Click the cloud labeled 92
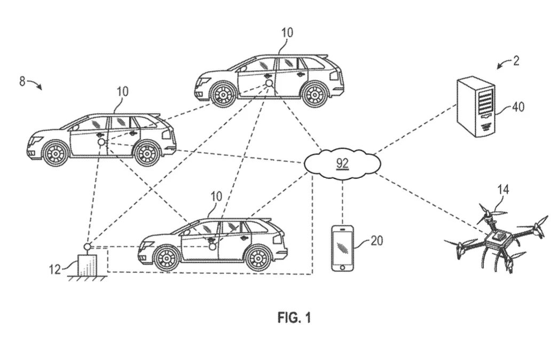pyautogui.click(x=342, y=163)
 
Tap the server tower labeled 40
pyautogui.click(x=476, y=107)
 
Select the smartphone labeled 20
pyautogui.click(x=342, y=248)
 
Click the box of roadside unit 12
pyautogui.click(x=88, y=264)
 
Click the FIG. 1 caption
pyautogui.click(x=294, y=318)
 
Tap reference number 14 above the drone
pyautogui.click(x=503, y=190)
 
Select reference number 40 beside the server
pyautogui.click(x=518, y=106)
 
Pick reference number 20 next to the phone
pyautogui.click(x=376, y=241)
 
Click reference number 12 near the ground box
pyautogui.click(x=55, y=270)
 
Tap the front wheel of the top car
pyautogui.click(x=223, y=94)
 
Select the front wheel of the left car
pyautogui.click(x=55, y=153)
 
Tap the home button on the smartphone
pyautogui.click(x=342, y=267)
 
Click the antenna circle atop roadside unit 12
pyautogui.click(x=87, y=246)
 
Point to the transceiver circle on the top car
pyautogui.click(x=269, y=83)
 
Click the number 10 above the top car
pyautogui.click(x=287, y=33)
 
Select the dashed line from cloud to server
pyautogui.click(x=415, y=129)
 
